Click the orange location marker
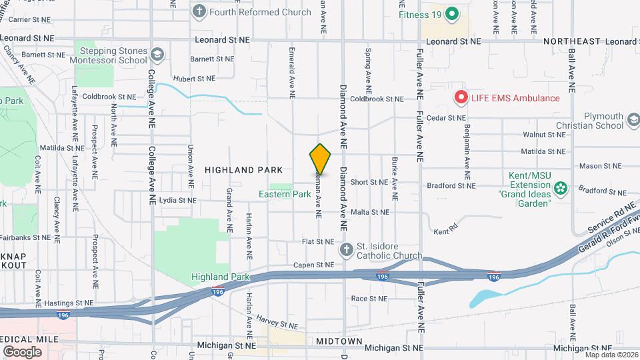[x=321, y=159]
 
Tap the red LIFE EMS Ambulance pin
[x=460, y=98]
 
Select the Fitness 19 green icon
[x=451, y=14]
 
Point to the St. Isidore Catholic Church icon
[x=346, y=250]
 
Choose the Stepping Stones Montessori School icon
[x=157, y=53]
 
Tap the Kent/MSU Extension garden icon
[x=561, y=188]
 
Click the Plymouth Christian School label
[x=597, y=120]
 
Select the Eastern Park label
[x=285, y=195]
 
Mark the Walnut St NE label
[x=544, y=134]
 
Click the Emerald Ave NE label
[x=292, y=73]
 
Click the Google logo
[x=22, y=351]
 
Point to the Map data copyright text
[x=611, y=355]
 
